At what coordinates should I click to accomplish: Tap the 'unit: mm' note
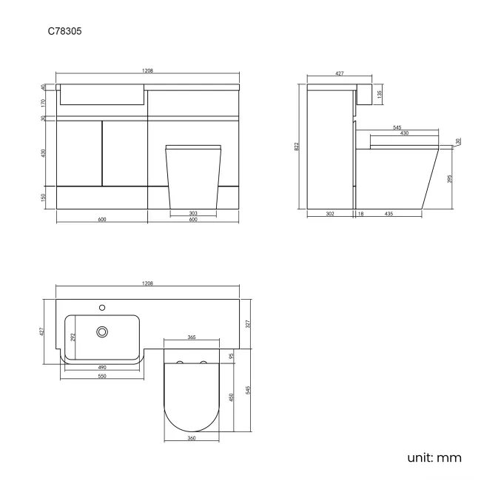pos(434,457)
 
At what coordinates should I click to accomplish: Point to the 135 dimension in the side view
pos(380,94)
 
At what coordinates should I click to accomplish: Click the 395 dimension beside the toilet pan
pos(451,178)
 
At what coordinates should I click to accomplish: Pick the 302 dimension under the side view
pos(329,214)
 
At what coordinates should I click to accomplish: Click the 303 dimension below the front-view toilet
pos(192,213)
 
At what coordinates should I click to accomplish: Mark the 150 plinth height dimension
pos(44,198)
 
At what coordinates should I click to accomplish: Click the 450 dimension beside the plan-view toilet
pos(232,400)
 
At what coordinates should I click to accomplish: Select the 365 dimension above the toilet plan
pos(192,337)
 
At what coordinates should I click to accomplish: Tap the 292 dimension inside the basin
pos(73,337)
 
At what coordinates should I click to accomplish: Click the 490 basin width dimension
pos(102,366)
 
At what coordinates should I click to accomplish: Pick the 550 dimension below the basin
pos(102,377)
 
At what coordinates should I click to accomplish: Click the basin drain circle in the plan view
pos(103,333)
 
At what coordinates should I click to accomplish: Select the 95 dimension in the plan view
pos(232,356)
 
